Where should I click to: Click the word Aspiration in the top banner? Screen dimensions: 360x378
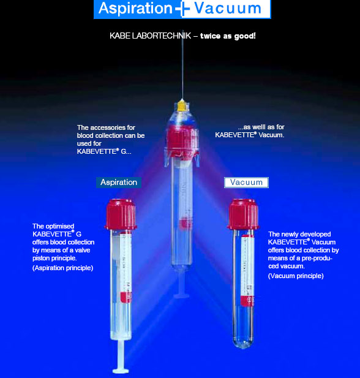click(135, 8)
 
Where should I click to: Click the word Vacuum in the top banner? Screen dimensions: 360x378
click(228, 8)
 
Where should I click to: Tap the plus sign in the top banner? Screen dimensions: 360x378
click(182, 9)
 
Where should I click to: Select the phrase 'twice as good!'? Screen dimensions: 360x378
click(228, 36)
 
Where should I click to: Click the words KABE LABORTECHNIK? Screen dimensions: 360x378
click(151, 36)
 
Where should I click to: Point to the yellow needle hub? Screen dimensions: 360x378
click(182, 105)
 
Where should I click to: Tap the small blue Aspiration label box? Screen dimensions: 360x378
click(119, 182)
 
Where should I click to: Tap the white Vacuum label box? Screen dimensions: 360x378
click(246, 183)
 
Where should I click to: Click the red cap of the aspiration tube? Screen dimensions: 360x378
click(121, 214)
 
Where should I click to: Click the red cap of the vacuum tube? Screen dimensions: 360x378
click(244, 214)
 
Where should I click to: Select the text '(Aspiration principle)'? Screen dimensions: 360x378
click(62, 268)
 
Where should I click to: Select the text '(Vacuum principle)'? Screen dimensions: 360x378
click(296, 276)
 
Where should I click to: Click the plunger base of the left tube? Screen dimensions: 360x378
click(121, 371)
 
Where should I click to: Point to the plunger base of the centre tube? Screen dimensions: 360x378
click(181, 296)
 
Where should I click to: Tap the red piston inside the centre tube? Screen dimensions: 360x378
click(185, 223)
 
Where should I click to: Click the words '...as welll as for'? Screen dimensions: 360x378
click(261, 127)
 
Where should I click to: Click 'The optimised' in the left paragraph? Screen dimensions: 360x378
click(53, 226)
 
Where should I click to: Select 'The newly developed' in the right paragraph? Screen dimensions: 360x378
click(299, 234)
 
